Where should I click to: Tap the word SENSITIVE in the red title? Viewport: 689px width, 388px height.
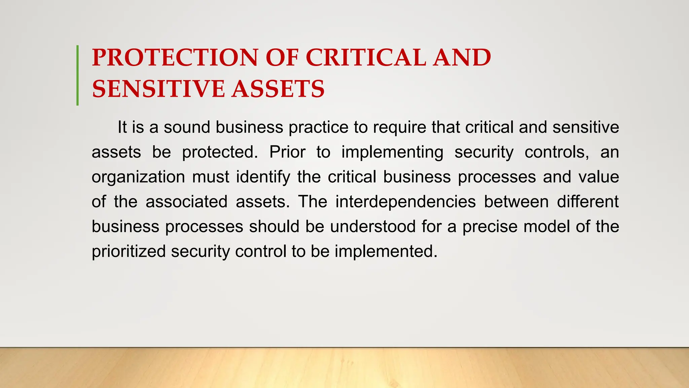(158, 89)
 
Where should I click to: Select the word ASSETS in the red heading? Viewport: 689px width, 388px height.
(278, 89)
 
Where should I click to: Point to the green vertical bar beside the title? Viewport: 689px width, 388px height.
(78, 75)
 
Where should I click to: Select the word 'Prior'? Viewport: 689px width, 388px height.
(287, 152)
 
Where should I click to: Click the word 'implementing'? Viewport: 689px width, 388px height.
(392, 153)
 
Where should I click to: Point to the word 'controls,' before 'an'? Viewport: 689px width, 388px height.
(557, 152)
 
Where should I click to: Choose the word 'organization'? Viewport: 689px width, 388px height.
(138, 177)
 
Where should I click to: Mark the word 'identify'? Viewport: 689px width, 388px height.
(263, 177)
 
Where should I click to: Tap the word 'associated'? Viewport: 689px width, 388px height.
(186, 202)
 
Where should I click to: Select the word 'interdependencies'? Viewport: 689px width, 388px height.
(405, 202)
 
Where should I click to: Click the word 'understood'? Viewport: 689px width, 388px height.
(373, 226)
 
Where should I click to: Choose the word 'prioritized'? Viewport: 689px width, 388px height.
(129, 252)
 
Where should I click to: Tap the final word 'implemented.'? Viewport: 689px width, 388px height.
(386, 252)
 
